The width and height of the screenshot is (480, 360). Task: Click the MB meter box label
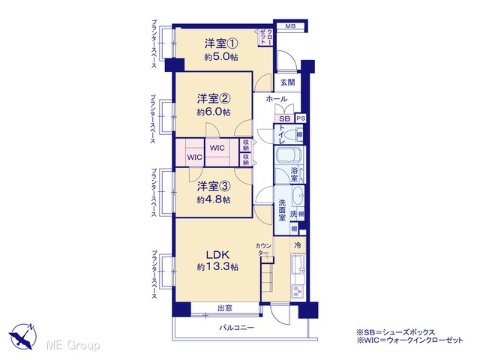pyautogui.click(x=290, y=26)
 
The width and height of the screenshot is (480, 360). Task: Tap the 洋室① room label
pyautogui.click(x=221, y=43)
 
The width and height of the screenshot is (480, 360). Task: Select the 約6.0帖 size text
pyautogui.click(x=213, y=112)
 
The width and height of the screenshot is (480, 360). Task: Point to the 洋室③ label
pyautogui.click(x=213, y=186)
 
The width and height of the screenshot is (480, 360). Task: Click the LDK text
pyautogui.click(x=217, y=255)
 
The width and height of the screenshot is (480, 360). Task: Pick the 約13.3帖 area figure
pyautogui.click(x=217, y=267)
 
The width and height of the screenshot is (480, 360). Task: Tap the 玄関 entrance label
pyautogui.click(x=288, y=82)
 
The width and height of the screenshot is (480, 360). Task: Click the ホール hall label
pyautogui.click(x=277, y=98)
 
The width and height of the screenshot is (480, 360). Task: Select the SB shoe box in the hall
pyautogui.click(x=284, y=118)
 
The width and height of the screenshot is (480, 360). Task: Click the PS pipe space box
pyautogui.click(x=301, y=118)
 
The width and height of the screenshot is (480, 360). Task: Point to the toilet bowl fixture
pyautogui.click(x=294, y=135)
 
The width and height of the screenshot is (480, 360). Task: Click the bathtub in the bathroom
pyautogui.click(x=289, y=157)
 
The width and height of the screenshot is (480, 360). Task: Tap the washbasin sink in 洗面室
pyautogui.click(x=298, y=196)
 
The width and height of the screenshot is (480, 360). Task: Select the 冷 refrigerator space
pyautogui.click(x=298, y=245)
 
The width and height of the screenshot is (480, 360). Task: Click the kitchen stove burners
pyautogui.click(x=298, y=292)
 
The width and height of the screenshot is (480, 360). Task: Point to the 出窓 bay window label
pyautogui.click(x=225, y=308)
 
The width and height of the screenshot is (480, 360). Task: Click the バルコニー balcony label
pyautogui.click(x=236, y=328)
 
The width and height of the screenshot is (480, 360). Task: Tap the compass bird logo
pyautogui.click(x=23, y=336)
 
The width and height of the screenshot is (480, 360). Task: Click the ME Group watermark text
pyautogui.click(x=73, y=345)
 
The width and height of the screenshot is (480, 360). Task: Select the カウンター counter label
pyautogui.click(x=263, y=249)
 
